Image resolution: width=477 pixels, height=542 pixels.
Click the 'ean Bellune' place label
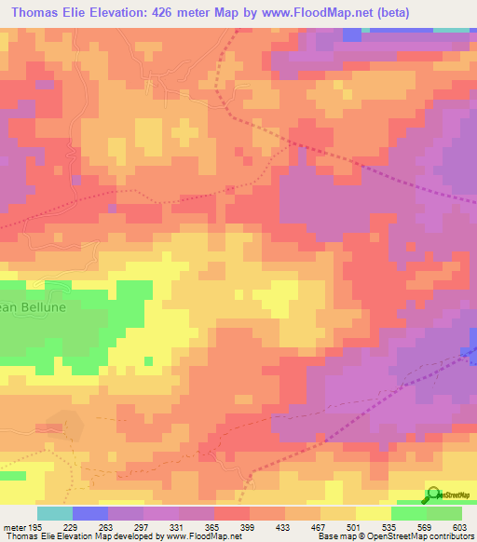30,308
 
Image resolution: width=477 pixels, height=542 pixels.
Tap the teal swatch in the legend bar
55,513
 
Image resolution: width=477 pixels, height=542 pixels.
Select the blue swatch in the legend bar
90,513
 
